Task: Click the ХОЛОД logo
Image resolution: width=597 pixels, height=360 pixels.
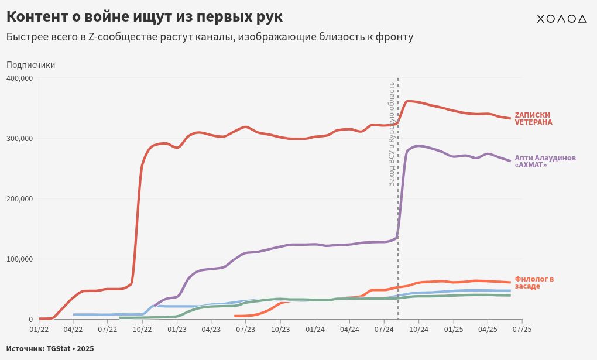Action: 561,19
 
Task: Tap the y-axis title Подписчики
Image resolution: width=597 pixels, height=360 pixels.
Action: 30,65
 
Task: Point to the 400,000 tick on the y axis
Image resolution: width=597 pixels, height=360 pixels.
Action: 19,78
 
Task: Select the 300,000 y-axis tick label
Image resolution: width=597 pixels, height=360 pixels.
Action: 19,139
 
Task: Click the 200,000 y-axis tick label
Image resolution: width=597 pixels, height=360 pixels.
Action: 19,199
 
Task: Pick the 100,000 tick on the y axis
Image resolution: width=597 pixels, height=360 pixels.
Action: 19,259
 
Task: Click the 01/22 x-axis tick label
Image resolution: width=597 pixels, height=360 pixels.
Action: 39,330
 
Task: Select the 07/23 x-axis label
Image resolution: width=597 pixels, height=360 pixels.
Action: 246,330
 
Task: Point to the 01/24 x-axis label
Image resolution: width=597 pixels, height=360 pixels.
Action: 315,330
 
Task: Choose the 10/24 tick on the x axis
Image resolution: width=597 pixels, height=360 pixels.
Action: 418,330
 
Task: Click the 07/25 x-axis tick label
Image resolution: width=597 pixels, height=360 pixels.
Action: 522,330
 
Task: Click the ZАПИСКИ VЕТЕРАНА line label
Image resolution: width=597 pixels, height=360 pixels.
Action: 533,119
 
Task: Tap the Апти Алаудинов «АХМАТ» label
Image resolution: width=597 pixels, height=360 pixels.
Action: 545,162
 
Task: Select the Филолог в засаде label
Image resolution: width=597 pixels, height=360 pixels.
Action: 534,283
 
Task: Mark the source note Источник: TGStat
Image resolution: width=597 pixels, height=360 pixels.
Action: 50,348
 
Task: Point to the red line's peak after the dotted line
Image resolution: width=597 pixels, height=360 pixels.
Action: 409,101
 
